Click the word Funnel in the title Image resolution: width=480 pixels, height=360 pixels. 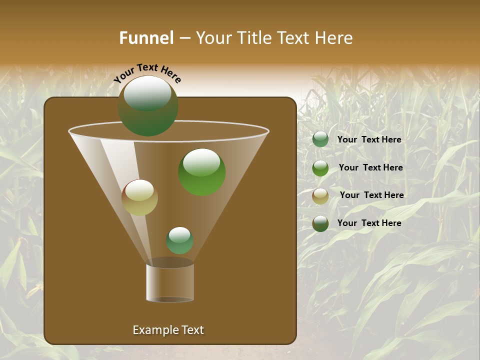coord(146,38)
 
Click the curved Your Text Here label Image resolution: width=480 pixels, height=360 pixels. coord(147,72)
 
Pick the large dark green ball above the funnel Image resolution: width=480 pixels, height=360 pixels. coord(148,106)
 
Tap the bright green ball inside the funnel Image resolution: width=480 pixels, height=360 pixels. coord(201,171)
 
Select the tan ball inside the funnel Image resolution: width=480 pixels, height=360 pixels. coord(139,197)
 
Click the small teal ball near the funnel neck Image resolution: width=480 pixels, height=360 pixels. coord(179,240)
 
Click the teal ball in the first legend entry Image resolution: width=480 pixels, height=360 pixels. coord(320,139)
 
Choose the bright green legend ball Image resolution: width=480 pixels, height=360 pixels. coord(320,168)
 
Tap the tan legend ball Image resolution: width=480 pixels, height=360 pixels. coord(320,196)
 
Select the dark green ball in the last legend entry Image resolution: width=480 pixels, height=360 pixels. coord(320,223)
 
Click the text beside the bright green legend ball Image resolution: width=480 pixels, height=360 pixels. coord(370,167)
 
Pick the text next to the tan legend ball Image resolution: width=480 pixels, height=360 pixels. coord(371,195)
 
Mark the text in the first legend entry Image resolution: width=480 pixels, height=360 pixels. coord(369,139)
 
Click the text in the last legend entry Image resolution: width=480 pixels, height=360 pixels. coord(369,223)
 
